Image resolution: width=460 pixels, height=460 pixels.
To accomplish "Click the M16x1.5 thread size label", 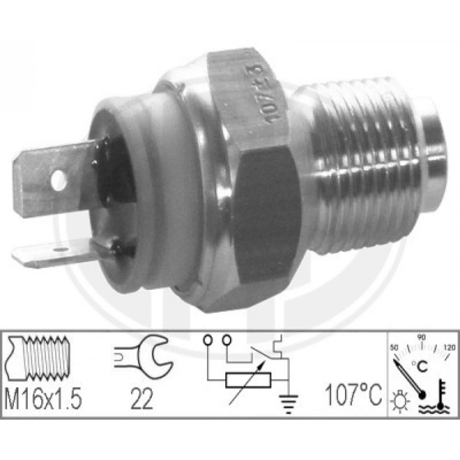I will [43, 399].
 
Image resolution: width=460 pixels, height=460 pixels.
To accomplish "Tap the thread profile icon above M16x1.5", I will [38, 358].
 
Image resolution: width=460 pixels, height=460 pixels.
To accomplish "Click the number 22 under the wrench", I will [141, 399].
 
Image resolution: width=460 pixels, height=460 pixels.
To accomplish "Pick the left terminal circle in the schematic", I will [209, 339].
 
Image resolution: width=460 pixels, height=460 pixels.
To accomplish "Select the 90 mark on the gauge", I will [422, 338].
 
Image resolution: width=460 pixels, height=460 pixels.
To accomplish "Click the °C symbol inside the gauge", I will [422, 366].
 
